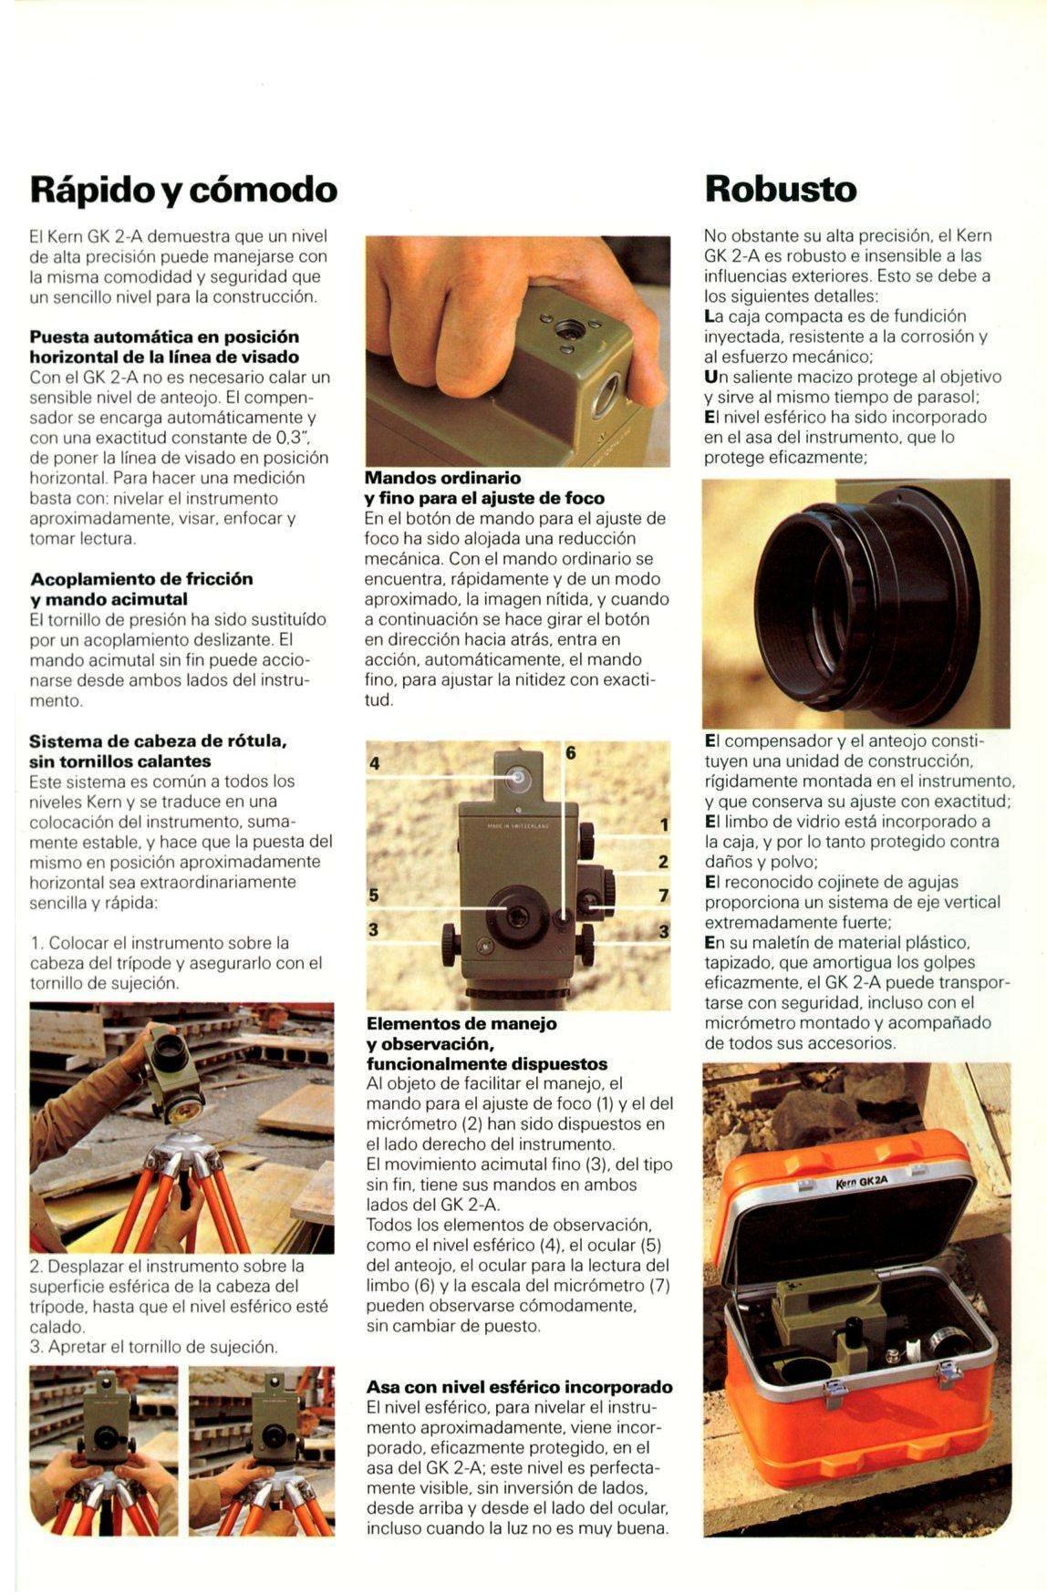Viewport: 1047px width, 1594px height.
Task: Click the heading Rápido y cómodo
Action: (183, 190)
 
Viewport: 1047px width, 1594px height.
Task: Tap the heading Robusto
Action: (782, 189)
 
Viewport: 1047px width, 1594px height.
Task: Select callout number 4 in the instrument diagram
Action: (374, 763)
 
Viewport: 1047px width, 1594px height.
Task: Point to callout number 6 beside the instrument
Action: (571, 752)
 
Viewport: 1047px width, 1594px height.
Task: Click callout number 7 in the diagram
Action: (664, 895)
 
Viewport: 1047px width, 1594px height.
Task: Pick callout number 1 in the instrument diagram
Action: (664, 825)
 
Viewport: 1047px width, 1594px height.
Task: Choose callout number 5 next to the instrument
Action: (373, 895)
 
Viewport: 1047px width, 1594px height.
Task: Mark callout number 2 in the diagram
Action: (663, 861)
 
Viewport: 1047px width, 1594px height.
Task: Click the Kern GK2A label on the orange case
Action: (861, 1183)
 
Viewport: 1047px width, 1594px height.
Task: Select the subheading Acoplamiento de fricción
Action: (141, 579)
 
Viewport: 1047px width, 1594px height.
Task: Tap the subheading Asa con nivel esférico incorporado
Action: (520, 1387)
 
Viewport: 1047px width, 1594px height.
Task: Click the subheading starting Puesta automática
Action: (164, 347)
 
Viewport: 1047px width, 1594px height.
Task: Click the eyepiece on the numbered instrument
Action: (513, 913)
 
